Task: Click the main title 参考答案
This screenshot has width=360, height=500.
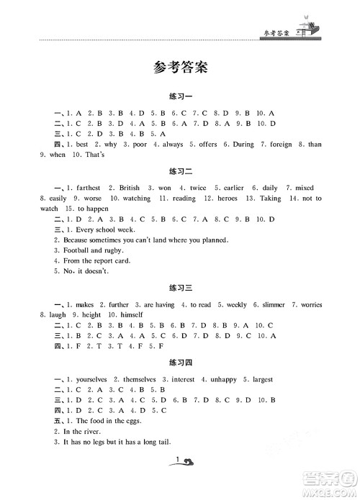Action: (x=180, y=68)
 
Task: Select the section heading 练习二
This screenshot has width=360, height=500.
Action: (x=180, y=173)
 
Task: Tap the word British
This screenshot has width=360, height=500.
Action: (x=130, y=188)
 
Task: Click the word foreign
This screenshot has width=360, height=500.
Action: (x=281, y=144)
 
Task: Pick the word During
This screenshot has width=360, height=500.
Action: (x=243, y=144)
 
